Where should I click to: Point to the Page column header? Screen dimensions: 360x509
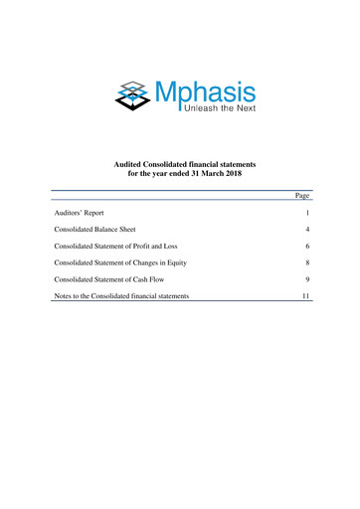click(x=304, y=195)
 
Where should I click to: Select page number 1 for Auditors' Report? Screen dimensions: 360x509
click(x=309, y=214)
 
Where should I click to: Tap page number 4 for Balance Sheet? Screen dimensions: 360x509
click(x=308, y=230)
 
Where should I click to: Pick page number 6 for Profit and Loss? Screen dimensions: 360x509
click(x=308, y=246)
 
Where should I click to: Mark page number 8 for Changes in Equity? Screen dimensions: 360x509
click(x=308, y=262)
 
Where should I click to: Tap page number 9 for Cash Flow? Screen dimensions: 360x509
click(x=308, y=279)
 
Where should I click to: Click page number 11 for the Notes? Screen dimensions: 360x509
click(x=307, y=296)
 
